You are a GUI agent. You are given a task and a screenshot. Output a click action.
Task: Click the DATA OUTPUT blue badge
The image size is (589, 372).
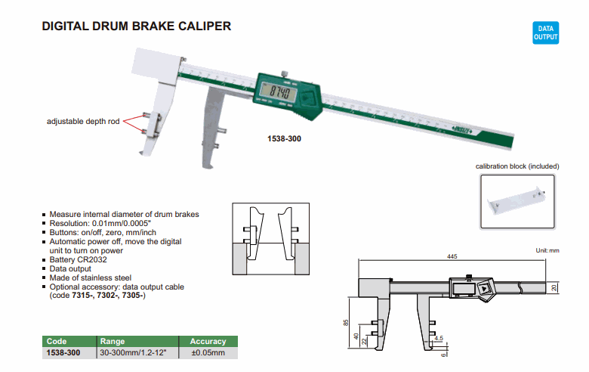click(x=546, y=32)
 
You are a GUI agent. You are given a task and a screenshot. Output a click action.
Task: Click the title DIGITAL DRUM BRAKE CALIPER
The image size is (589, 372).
click(x=136, y=26)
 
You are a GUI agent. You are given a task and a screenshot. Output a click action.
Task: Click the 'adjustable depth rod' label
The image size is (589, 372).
click(x=82, y=121)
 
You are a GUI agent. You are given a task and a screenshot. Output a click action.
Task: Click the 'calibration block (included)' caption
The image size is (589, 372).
click(x=518, y=166)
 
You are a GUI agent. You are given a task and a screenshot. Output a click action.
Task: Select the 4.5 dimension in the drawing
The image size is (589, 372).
click(x=439, y=339)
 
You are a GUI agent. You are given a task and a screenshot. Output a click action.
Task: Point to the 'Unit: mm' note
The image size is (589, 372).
click(x=547, y=250)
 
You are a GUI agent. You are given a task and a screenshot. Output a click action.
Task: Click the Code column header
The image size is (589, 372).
click(x=57, y=342)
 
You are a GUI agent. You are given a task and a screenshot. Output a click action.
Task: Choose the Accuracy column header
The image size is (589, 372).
click(x=208, y=342)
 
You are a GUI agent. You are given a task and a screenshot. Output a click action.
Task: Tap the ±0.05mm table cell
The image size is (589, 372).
click(x=208, y=352)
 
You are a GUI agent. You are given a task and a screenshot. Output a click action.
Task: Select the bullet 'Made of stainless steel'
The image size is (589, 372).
click(x=90, y=277)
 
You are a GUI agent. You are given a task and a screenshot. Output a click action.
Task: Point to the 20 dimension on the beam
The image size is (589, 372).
click(x=553, y=288)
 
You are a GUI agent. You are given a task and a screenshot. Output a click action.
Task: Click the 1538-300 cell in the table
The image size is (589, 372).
click(x=63, y=352)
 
